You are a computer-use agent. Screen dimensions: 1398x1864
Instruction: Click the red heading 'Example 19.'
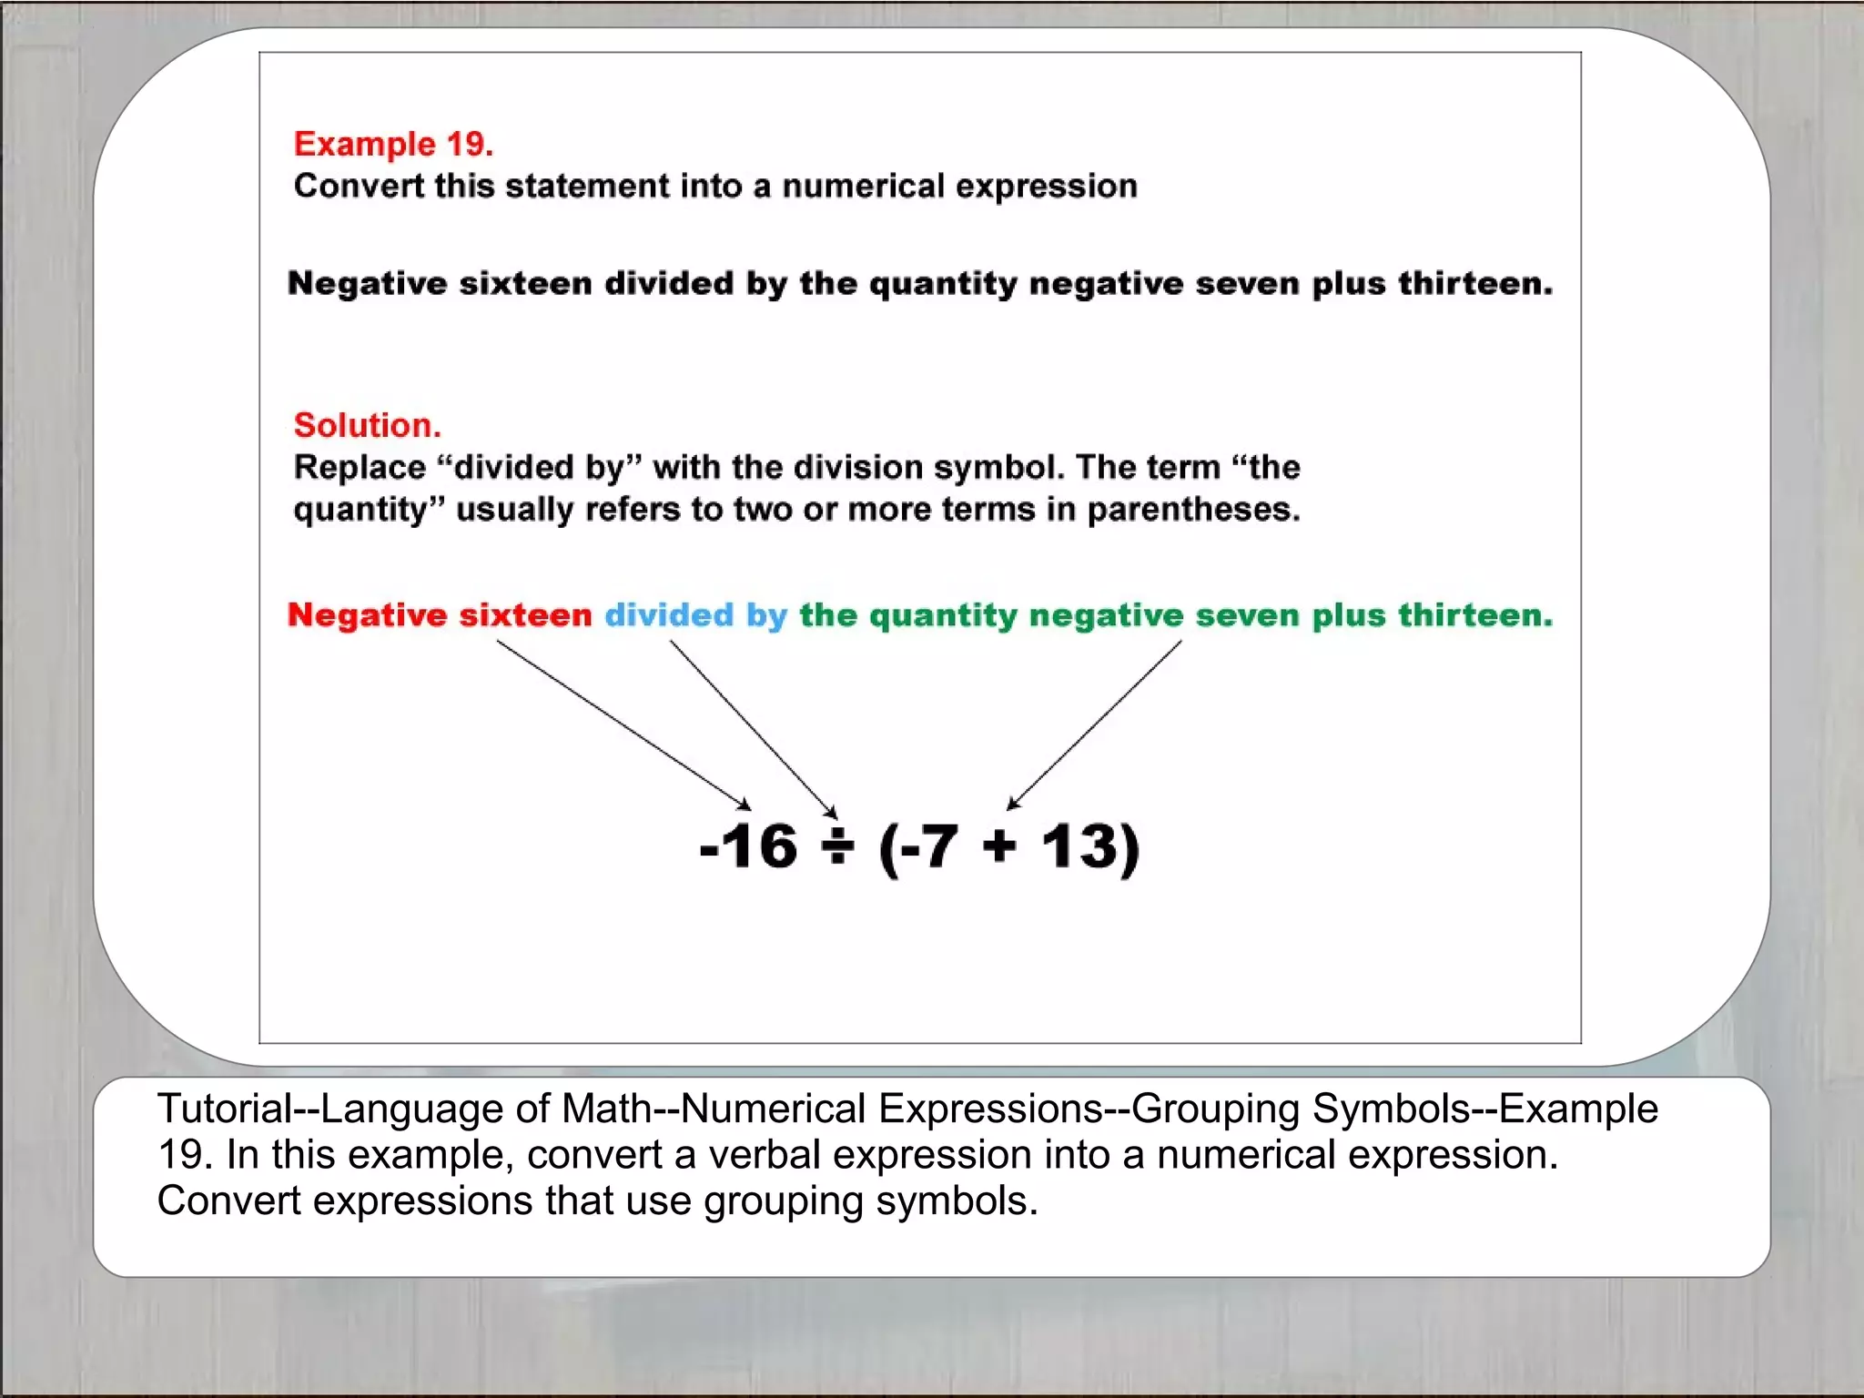point(393,144)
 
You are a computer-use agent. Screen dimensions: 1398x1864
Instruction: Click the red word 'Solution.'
point(367,425)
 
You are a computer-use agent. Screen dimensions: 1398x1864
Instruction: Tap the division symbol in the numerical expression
point(837,846)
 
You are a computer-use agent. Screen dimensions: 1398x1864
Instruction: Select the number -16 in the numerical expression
point(748,846)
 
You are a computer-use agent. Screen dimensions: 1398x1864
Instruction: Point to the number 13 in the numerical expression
point(1079,846)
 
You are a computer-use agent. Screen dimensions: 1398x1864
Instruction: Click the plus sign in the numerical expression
point(999,846)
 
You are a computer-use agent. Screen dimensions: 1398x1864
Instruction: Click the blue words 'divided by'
point(695,615)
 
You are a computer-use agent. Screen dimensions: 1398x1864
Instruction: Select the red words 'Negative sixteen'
point(440,615)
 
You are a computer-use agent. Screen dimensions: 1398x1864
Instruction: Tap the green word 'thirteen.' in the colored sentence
point(1474,615)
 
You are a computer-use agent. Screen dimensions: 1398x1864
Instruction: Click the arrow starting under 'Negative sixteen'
point(623,724)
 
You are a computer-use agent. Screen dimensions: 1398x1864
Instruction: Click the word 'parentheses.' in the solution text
point(1193,510)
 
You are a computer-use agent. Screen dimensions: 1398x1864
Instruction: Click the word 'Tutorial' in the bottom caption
point(224,1109)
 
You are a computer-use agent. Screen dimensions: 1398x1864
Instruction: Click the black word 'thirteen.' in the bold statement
point(1474,284)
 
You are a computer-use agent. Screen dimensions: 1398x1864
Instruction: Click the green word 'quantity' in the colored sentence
point(943,616)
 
